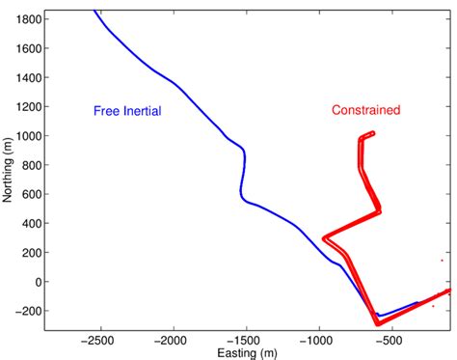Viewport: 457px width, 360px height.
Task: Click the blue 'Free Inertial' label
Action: tap(126, 111)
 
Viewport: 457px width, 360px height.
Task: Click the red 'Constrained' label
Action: tap(365, 110)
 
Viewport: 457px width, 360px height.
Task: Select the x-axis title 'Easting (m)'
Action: tap(245, 353)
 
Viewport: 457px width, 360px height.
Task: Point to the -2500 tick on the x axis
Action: tap(97, 341)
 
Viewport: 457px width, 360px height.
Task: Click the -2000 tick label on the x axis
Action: tap(172, 341)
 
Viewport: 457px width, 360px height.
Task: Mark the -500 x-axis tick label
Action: tap(393, 341)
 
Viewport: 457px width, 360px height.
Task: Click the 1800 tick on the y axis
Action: tap(27, 19)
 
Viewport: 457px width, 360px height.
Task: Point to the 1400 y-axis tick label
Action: tap(27, 78)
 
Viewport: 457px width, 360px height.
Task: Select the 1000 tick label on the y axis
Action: tap(27, 136)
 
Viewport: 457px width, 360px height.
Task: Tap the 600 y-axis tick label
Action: tap(29, 194)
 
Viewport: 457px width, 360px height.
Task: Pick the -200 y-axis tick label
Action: tap(27, 311)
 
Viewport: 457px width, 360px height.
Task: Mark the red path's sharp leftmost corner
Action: tap(324, 237)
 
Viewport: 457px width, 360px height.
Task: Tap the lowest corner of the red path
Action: tap(378, 322)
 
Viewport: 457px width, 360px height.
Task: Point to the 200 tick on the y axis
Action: tap(29, 253)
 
